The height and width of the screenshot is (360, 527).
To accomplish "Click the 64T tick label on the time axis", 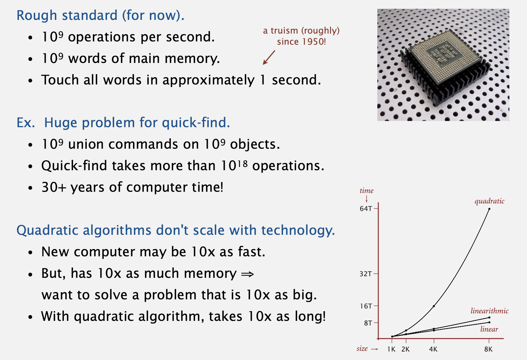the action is pos(366,208).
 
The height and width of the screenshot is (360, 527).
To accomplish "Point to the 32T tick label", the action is pos(366,274).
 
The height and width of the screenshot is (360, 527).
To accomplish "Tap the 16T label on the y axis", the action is pos(366,306).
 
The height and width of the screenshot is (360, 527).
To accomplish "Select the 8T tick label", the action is pos(368,323).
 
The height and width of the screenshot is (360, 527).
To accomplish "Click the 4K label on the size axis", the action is pos(433,350).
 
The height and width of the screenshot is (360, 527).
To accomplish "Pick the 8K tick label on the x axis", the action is pos(489,350).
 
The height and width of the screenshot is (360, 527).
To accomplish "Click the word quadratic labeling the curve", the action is pos(489,201).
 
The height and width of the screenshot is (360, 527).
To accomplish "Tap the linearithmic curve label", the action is pos(489,311).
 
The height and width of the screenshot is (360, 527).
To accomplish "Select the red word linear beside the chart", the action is pos(489,329).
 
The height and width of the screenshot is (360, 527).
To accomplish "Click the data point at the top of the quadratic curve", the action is pos(489,209).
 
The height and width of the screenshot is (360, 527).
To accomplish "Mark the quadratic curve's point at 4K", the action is pos(434,306).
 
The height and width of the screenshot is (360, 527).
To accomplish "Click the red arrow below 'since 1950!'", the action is pos(269,57).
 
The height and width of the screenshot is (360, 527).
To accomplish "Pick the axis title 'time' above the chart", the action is pos(367,190).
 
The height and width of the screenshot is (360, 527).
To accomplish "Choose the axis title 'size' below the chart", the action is pos(362,349).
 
